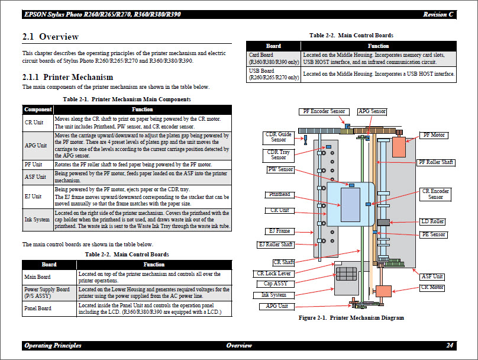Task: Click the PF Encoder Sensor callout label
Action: [x=324, y=111]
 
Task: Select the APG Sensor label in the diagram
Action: [x=372, y=111]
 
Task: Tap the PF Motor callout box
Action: [x=434, y=135]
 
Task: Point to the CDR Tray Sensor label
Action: [x=279, y=155]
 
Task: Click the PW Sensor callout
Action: [x=280, y=169]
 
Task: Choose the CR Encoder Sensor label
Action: [x=435, y=194]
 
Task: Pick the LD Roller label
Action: [x=432, y=221]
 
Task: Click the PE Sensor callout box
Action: [x=433, y=234]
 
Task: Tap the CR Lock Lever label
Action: [x=274, y=274]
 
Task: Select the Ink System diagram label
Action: [x=274, y=295]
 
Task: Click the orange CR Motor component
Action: [x=384, y=291]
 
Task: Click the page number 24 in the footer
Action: [x=450, y=345]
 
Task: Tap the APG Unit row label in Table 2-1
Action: [x=35, y=146]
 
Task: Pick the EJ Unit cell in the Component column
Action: [x=33, y=197]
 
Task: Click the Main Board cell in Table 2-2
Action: [x=37, y=277]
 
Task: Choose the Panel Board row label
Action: [x=37, y=308]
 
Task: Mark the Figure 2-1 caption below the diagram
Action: [x=351, y=318]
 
